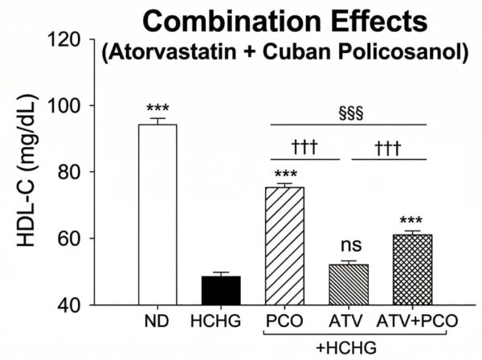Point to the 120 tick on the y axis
click(x=68, y=39)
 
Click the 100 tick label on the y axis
click(x=68, y=106)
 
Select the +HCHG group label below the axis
click(x=348, y=345)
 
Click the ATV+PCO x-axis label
click(x=418, y=321)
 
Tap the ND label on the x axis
click(x=157, y=321)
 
